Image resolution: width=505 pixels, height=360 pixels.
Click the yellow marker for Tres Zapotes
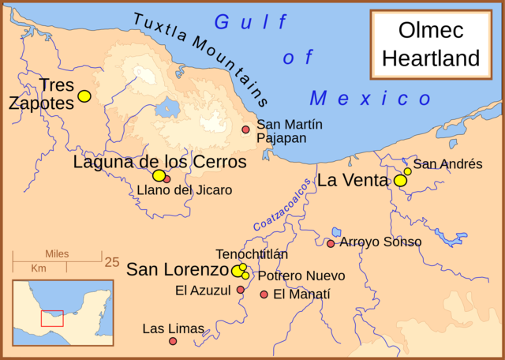(x=84, y=96)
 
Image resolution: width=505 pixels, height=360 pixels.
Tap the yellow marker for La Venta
(x=401, y=181)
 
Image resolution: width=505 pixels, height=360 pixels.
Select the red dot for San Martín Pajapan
(x=245, y=129)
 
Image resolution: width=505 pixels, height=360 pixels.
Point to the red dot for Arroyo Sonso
(x=331, y=243)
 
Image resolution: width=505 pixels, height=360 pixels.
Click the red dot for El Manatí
(x=264, y=294)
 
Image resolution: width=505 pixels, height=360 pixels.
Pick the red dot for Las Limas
(x=173, y=341)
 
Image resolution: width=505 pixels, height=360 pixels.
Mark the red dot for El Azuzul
(x=241, y=290)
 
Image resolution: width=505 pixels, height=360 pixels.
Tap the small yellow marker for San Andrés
(x=408, y=171)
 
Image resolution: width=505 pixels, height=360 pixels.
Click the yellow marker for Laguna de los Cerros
(x=159, y=175)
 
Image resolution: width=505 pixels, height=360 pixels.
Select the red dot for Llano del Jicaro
(x=167, y=179)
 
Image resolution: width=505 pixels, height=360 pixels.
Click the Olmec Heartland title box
(x=439, y=46)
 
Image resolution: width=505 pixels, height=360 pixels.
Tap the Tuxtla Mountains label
(x=201, y=60)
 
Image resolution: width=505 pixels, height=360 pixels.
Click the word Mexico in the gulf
(x=371, y=99)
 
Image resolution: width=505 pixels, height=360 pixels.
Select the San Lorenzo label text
(x=178, y=269)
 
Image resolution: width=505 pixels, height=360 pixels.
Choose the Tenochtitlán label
(x=252, y=254)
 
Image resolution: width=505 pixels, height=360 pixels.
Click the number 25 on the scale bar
(x=111, y=261)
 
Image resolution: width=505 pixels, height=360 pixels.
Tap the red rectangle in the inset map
(x=52, y=317)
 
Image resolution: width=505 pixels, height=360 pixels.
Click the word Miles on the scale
(x=58, y=254)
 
